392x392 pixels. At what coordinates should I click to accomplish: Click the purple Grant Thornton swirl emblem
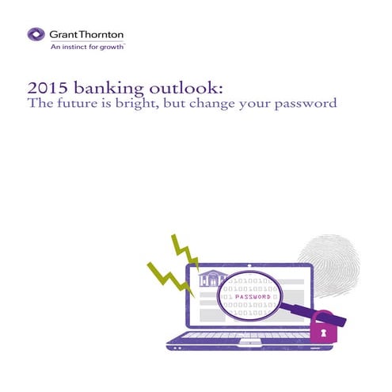tap(35, 34)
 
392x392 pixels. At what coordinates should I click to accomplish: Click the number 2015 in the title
tap(44, 88)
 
